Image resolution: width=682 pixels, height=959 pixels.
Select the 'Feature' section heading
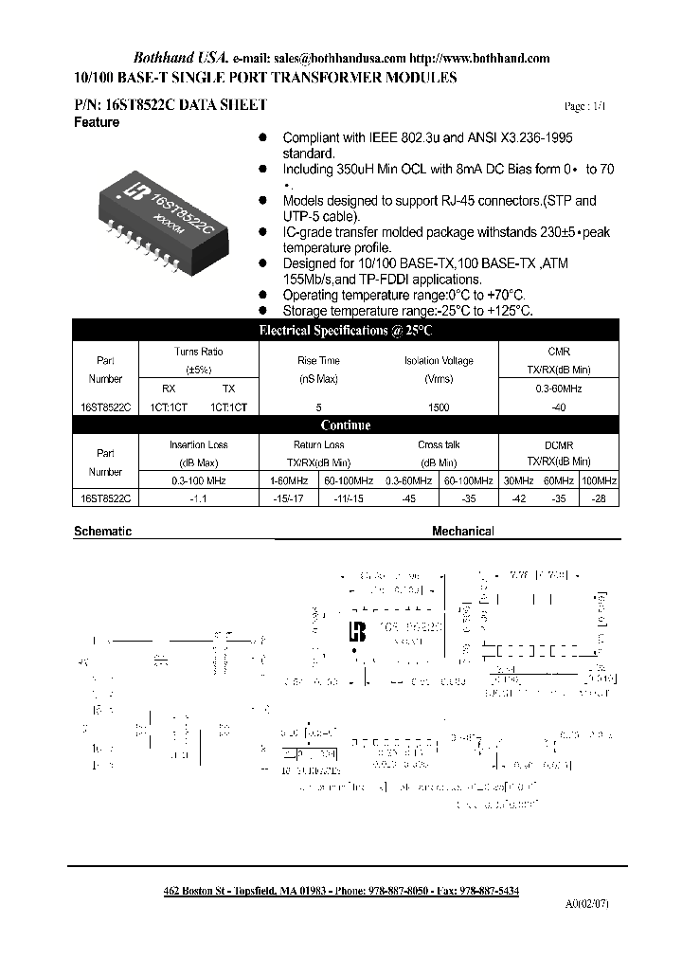(x=97, y=123)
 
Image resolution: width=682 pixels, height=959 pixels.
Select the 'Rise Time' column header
(x=318, y=361)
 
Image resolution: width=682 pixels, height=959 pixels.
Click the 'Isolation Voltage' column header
(x=439, y=361)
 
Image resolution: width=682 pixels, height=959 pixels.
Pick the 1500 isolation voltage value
(x=439, y=407)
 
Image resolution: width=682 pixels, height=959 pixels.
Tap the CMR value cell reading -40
(x=559, y=407)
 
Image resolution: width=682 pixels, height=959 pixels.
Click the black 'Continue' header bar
(x=346, y=425)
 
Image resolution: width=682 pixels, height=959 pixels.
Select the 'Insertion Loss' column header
(x=199, y=444)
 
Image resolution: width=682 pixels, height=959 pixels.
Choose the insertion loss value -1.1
(x=199, y=497)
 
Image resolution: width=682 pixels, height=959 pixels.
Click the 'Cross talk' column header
(x=439, y=444)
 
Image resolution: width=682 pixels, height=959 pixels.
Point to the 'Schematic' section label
(x=102, y=532)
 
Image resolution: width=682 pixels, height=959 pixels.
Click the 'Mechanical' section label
(x=463, y=532)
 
